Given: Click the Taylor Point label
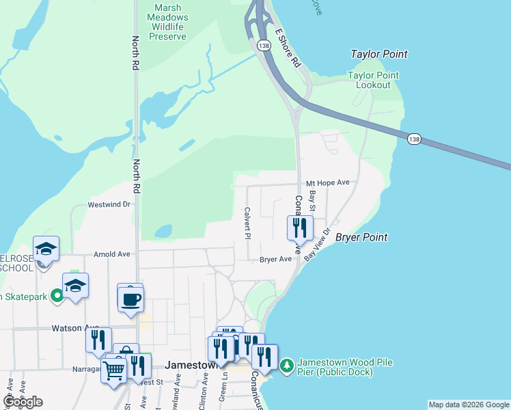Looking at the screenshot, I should click(x=378, y=54).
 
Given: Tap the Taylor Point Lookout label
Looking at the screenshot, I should click(x=369, y=80).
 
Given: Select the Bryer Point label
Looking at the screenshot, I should click(x=361, y=237).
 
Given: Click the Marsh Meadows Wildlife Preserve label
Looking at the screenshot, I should click(x=176, y=20).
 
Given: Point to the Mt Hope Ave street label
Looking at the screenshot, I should click(x=327, y=182).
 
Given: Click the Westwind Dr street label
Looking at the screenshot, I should click(x=109, y=204).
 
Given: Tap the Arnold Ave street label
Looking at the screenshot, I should click(x=112, y=254).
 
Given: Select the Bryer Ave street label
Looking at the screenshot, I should click(x=275, y=260).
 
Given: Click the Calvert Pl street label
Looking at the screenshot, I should click(x=247, y=223).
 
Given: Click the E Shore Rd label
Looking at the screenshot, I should click(x=288, y=48).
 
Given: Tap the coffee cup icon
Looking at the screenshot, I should click(x=130, y=299).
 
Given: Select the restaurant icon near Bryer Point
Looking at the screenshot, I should click(x=299, y=227).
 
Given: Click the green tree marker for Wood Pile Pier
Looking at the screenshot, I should click(x=286, y=366).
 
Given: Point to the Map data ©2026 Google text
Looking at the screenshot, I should click(x=469, y=405).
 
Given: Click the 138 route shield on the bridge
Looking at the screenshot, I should click(x=414, y=139).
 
